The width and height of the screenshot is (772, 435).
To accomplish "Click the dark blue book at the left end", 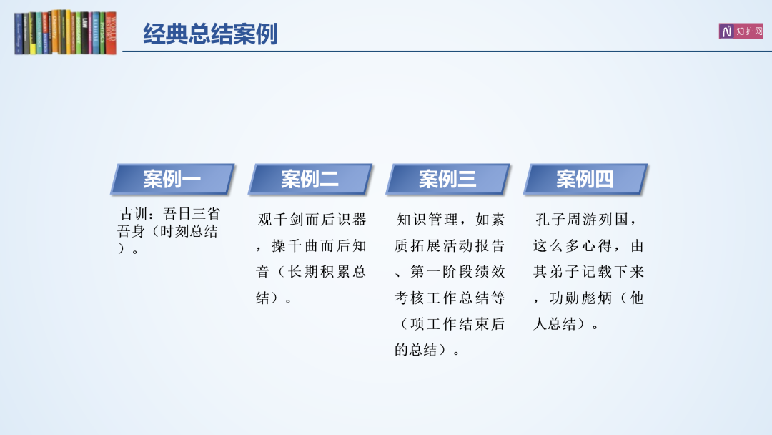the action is pos(19,34).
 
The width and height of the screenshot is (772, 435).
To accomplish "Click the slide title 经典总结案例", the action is pos(210,34).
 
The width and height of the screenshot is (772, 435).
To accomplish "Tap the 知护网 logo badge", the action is pos(741,31).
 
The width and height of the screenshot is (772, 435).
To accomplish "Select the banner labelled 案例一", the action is pos(172,179).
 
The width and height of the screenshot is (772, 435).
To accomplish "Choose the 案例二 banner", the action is pos(310,179).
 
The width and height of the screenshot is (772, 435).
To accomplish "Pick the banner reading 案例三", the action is pos(447,179).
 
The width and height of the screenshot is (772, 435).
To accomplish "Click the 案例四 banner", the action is pos(585,179).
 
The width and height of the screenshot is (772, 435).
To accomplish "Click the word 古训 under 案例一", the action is pos(134,214).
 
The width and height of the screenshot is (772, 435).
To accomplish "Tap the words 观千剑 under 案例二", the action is pos(281,219).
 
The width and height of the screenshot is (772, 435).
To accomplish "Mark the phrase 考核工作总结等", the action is pos(450,298).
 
